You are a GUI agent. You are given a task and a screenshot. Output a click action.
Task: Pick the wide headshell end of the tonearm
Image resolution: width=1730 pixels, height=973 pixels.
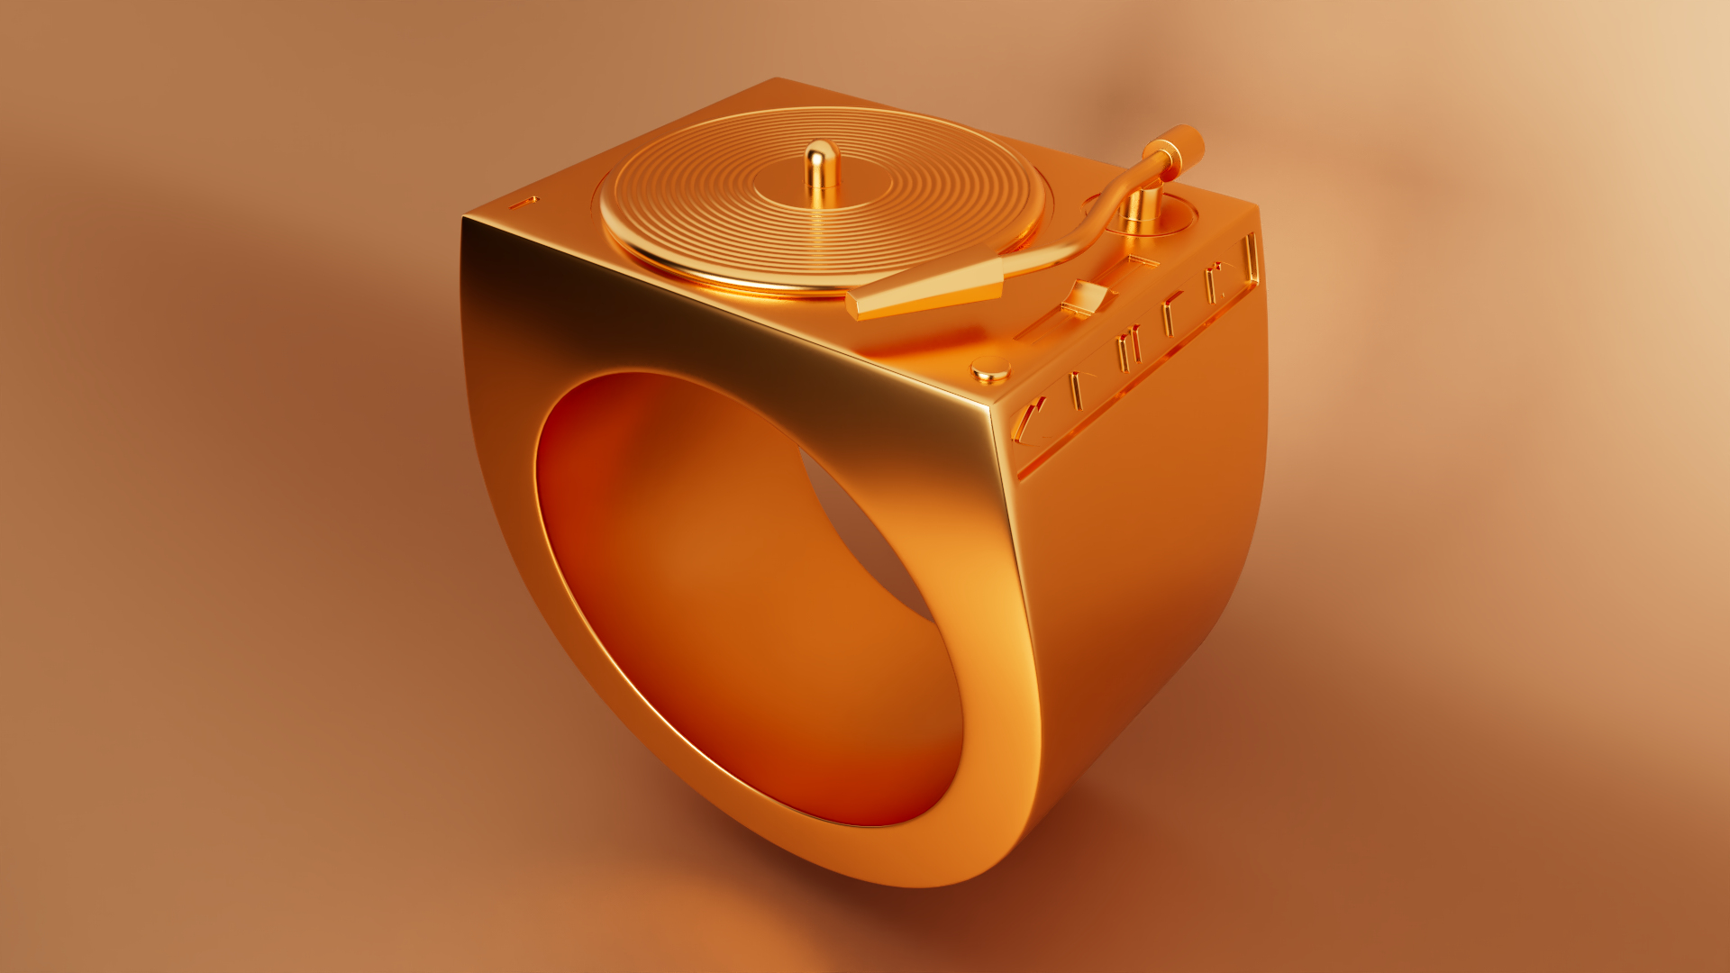[928, 293]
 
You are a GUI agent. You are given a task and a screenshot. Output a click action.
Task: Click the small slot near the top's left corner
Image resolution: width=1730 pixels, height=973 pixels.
[524, 202]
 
